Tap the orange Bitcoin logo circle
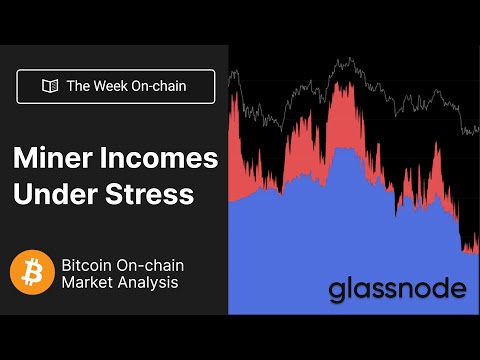pos(31,271)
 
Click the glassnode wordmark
pos(397,290)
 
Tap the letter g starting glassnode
pos(339,292)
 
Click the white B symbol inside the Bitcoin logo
pos(31,271)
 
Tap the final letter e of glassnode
pos(457,290)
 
